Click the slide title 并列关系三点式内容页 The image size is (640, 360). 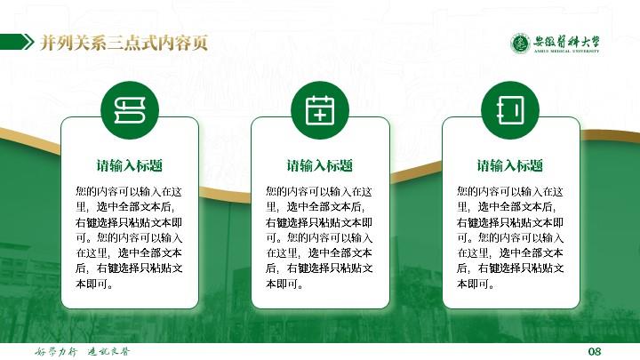point(124,43)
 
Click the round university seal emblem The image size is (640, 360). point(520,44)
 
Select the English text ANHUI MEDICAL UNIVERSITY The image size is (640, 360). point(566,52)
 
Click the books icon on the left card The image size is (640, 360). point(130,110)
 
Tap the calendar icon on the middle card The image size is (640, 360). point(320,110)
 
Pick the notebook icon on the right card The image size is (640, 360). point(510,110)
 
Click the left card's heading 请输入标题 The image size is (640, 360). point(130,165)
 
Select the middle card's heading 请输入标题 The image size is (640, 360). point(320,165)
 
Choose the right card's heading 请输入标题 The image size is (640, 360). point(510,165)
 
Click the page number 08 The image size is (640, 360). point(595,351)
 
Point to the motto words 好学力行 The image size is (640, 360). point(56,351)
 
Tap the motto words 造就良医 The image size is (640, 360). point(108,351)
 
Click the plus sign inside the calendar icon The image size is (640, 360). point(320,116)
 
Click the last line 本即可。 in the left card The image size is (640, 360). point(94,284)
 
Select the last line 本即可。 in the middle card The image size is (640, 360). point(284,284)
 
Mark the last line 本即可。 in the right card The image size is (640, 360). point(476,284)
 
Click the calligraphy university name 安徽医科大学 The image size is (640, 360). point(566,41)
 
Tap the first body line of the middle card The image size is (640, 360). point(319,191)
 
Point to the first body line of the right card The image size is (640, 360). point(510,191)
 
